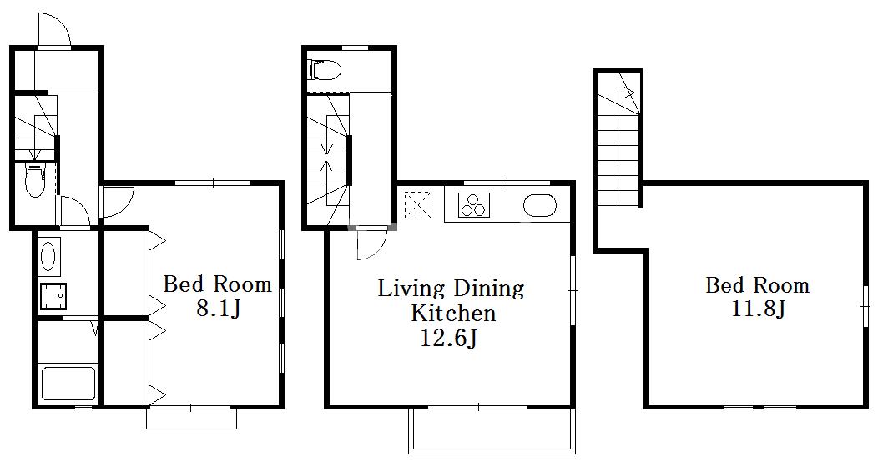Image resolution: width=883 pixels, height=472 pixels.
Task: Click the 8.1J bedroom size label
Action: [x=219, y=308]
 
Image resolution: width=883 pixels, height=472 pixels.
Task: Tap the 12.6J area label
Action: [x=450, y=338]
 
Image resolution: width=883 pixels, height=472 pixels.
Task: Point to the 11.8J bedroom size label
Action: [x=758, y=309]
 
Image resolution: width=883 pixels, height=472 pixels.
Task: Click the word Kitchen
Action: [x=453, y=313]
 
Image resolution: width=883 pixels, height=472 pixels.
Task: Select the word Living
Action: [x=411, y=289]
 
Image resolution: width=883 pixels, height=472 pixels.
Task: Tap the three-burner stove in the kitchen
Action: [x=473, y=205]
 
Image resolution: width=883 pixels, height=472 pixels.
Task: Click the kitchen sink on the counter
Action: [x=540, y=205]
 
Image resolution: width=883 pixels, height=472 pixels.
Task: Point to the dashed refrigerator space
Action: [x=418, y=203]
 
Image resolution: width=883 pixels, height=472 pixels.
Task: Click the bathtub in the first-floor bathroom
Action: [x=68, y=384]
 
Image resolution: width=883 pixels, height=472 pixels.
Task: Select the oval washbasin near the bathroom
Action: [x=50, y=257]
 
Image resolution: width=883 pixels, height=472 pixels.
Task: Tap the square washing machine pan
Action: [x=53, y=297]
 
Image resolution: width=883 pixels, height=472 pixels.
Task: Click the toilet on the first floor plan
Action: [x=35, y=179]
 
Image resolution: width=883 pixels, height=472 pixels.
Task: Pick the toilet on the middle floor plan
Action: [x=325, y=69]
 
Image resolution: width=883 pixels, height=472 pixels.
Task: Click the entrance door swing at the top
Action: [x=53, y=29]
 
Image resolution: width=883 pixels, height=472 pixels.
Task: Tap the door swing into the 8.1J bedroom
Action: [x=117, y=202]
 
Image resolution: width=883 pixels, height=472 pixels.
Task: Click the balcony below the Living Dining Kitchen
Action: [x=492, y=431]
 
